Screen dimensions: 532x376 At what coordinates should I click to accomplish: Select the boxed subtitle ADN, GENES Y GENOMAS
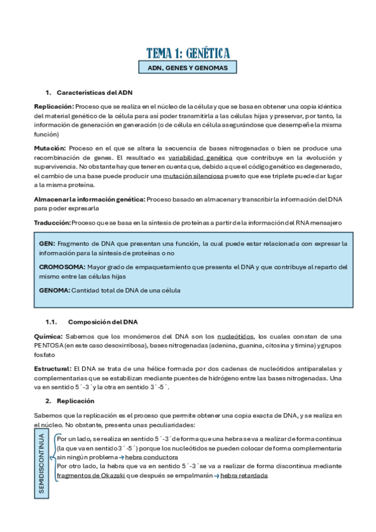(x=188, y=68)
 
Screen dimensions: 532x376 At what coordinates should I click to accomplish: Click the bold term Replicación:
(x=54, y=107)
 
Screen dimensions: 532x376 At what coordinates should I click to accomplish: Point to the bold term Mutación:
(x=50, y=147)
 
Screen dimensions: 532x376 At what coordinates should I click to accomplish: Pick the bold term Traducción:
(x=52, y=223)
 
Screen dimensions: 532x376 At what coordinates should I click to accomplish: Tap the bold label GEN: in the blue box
(x=47, y=243)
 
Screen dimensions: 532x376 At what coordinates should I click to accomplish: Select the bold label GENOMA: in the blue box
(x=54, y=290)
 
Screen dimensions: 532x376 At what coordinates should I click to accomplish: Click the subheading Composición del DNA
(x=102, y=322)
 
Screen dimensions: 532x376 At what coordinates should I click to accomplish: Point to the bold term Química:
(x=48, y=336)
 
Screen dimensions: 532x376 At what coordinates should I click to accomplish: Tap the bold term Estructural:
(x=53, y=369)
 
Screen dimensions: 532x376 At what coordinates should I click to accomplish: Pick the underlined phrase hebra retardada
(x=244, y=476)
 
